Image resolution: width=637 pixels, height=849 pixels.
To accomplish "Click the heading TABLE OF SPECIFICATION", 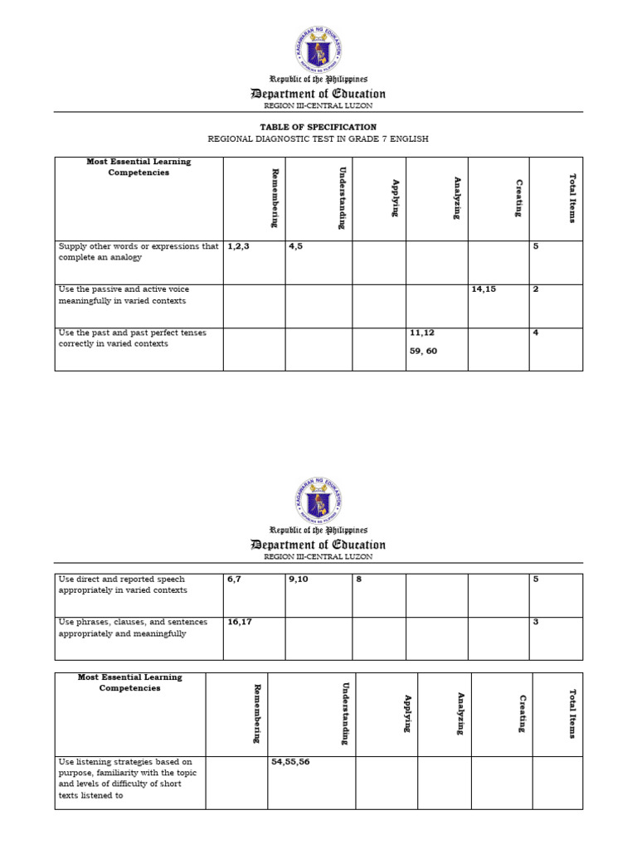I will click(318, 127).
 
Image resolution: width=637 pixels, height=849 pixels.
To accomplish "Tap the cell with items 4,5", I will click(297, 246).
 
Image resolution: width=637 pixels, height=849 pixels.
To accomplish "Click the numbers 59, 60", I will click(422, 351).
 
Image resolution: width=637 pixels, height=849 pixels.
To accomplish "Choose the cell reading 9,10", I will click(298, 579).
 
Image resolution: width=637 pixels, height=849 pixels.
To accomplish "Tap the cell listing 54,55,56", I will click(290, 761).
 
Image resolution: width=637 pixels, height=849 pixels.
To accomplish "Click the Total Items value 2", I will click(536, 289).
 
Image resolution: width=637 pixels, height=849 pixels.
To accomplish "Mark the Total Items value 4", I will click(536, 332).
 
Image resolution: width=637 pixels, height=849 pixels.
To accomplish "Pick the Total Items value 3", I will click(536, 622).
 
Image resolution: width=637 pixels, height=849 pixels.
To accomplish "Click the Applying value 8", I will click(359, 579).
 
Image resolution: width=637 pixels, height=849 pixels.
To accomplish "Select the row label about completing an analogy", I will click(139, 251).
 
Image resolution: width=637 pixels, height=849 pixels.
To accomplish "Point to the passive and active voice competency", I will click(124, 294).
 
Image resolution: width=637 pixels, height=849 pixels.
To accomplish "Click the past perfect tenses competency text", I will click(133, 337).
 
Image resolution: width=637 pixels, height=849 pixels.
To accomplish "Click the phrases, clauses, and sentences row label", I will click(133, 628).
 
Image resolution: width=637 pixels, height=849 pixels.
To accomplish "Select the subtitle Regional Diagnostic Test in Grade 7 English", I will click(318, 139).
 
